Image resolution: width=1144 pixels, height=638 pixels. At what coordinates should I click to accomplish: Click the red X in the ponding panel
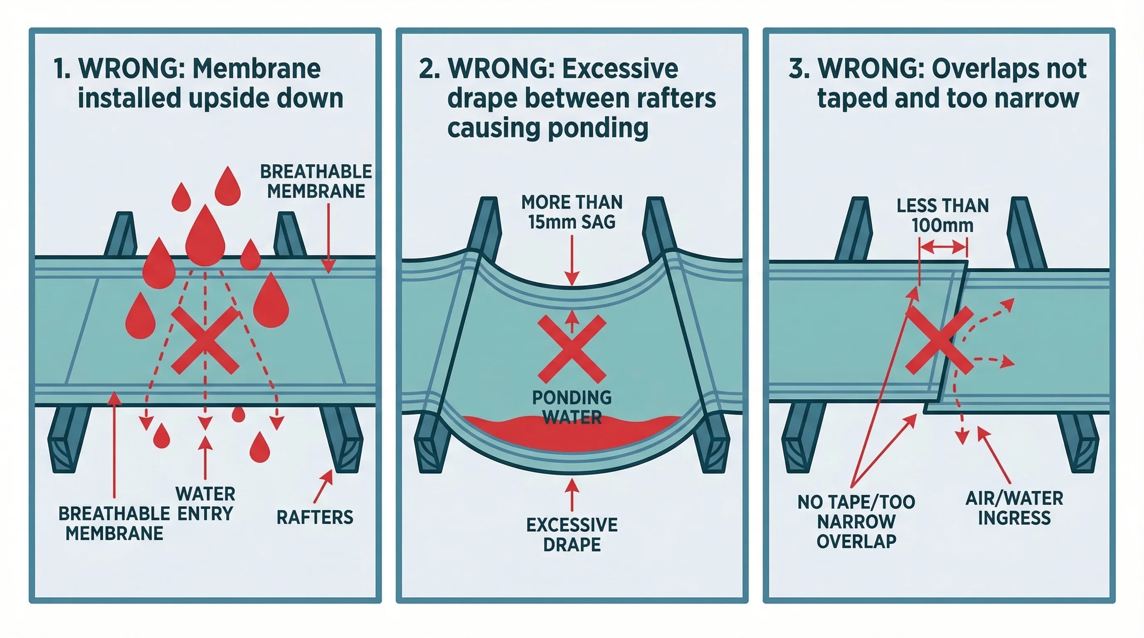click(x=572, y=349)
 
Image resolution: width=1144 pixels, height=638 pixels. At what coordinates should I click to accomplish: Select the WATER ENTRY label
click(x=205, y=503)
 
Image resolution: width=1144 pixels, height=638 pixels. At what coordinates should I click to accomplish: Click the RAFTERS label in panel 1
click(x=314, y=517)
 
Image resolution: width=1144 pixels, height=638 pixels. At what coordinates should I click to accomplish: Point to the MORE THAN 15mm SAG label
click(x=572, y=212)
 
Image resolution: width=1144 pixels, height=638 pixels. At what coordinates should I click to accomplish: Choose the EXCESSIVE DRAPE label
click(x=572, y=535)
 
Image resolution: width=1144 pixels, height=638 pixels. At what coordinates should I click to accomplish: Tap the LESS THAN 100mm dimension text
click(x=942, y=216)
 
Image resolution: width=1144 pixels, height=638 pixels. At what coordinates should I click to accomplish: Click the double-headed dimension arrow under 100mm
click(x=943, y=248)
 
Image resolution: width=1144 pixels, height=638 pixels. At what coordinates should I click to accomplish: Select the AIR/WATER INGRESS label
click(x=1014, y=508)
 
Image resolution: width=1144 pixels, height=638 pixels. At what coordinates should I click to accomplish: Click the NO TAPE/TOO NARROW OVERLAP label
click(x=856, y=522)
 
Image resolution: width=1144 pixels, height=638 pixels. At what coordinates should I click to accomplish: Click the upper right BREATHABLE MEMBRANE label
click(x=316, y=182)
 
